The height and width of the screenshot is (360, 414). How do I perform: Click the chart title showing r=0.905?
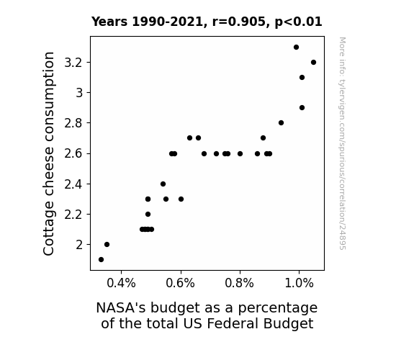point(207,22)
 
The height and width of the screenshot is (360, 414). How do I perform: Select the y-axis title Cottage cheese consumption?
point(48,153)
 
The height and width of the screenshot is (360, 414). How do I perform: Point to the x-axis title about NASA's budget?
point(207,315)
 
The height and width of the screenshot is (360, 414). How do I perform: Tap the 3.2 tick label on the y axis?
point(73,63)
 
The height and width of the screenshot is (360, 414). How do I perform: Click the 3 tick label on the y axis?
point(79,93)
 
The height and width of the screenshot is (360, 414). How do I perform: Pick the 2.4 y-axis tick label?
point(73,184)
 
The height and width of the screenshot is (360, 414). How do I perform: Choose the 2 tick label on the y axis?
point(79,245)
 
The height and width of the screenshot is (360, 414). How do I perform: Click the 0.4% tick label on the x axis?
point(121,283)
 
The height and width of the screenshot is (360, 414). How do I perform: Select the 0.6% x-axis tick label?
point(181,283)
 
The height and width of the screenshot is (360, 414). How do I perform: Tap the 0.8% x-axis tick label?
point(240,283)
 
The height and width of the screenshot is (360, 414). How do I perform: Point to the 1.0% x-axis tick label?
point(299,283)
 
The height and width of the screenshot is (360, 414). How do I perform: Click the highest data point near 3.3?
point(296,48)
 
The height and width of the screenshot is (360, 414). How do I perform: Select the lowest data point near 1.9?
point(101,260)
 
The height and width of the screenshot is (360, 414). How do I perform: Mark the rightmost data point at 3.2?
point(314,63)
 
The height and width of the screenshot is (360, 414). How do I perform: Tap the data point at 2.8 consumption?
point(282,123)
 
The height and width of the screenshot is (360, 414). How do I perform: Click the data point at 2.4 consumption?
point(163,184)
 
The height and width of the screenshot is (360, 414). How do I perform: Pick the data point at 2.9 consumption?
point(302,108)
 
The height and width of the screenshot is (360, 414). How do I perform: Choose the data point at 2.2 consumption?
point(148,215)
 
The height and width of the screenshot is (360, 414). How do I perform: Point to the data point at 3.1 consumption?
point(302,77)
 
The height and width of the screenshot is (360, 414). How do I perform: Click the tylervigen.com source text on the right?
point(342,143)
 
